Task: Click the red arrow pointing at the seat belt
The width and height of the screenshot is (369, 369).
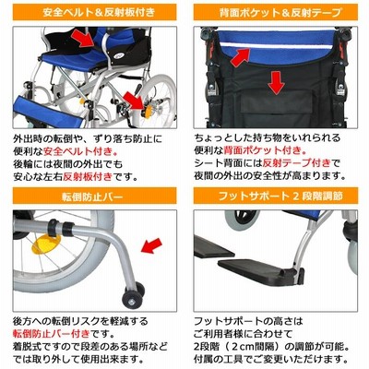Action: [82, 39]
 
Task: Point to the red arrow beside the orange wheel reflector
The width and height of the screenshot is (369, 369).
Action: [135, 101]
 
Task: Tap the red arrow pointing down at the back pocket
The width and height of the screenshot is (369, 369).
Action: [276, 82]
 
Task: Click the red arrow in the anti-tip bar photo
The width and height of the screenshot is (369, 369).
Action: [151, 245]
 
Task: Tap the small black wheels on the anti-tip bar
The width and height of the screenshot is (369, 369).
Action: [133, 294]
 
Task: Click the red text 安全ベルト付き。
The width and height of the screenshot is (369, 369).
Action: [81, 151]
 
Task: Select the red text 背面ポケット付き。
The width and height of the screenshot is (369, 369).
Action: [266, 150]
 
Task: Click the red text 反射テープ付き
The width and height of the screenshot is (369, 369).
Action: [297, 163]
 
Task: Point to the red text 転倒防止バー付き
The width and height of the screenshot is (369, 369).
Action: [52, 334]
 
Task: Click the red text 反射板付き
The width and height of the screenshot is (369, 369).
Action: [88, 176]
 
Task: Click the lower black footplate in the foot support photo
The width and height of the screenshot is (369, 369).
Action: [256, 267]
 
